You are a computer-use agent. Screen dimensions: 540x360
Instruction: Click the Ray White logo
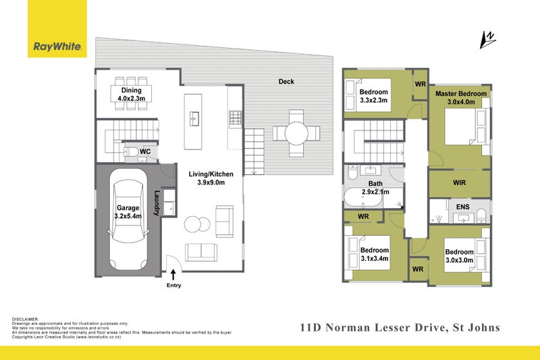pos(57,28)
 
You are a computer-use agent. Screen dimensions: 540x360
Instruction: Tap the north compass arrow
pos(487,40)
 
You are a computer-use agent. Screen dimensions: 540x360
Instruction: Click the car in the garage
pos(128,225)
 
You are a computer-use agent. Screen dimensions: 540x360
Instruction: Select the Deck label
pos(286,82)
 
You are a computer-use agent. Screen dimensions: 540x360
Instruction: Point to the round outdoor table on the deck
pos(296,133)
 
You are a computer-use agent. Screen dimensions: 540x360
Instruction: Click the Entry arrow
pos(173,274)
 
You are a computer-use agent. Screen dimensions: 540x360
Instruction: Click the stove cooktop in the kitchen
pos(236,117)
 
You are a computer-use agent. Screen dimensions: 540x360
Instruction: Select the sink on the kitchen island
pos(194,119)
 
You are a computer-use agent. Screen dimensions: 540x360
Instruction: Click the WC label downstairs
pos(145,151)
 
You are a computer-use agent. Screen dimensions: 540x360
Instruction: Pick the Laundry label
pos(157,203)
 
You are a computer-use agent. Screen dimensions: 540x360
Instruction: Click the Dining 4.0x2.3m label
pos(131,95)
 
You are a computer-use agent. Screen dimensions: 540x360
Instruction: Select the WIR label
pos(460,182)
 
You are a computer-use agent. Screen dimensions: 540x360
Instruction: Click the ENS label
pos(462,207)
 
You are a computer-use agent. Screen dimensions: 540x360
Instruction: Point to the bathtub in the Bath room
pos(363,197)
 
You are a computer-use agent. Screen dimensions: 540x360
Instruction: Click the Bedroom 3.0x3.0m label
pos(459,256)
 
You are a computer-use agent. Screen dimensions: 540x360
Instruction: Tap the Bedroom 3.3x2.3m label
pos(374,96)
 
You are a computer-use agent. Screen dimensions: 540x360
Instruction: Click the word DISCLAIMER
pos(26,319)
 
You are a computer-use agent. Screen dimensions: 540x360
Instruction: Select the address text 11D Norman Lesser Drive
pos(373,328)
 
